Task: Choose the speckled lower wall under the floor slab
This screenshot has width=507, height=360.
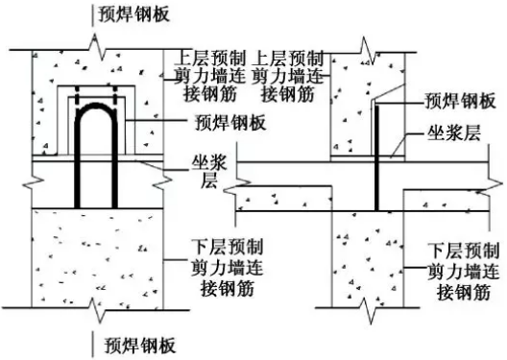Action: (x=370, y=259)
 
